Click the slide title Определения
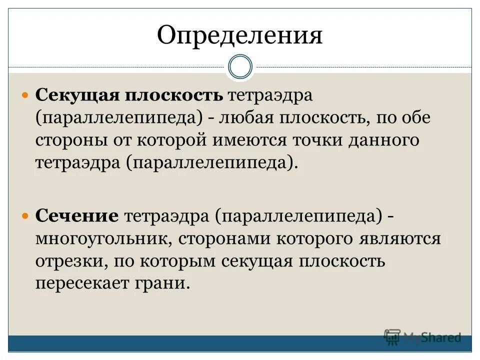pos(239,35)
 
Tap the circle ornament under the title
pos(239,67)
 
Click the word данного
pos(387,140)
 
